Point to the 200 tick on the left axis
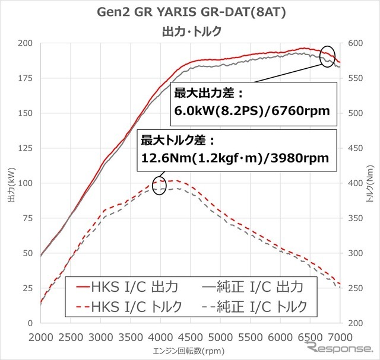click(x=26, y=43)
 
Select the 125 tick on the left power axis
click(x=26, y=148)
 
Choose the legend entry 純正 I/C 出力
click(x=252, y=287)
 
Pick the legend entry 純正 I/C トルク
click(x=261, y=306)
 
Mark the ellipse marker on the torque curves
click(x=159, y=186)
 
